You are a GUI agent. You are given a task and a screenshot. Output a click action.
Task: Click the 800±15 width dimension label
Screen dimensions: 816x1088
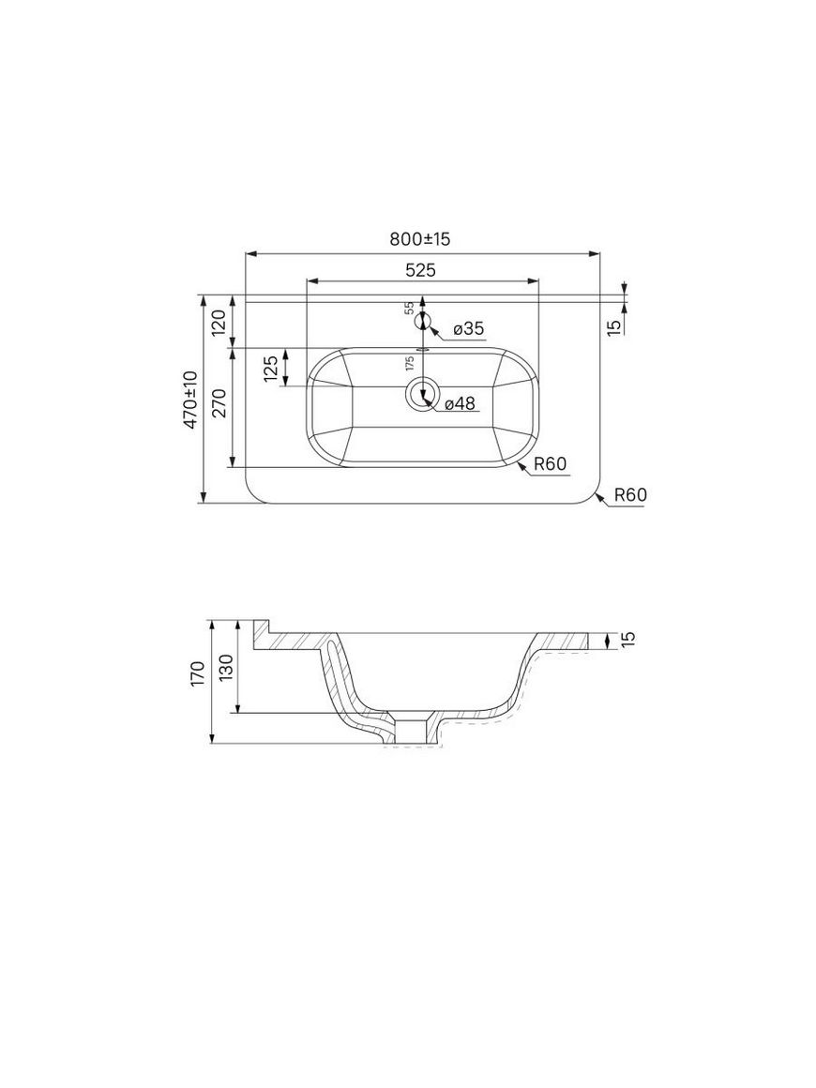(x=420, y=239)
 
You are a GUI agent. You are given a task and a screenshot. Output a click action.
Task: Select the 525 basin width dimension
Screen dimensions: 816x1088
(x=420, y=271)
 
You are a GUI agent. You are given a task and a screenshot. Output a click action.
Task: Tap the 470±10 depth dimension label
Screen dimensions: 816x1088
(x=190, y=399)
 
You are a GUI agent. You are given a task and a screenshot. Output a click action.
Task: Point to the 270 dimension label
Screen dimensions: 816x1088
(x=219, y=403)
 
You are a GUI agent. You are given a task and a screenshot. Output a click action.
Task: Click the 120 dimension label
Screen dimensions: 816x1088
(x=219, y=324)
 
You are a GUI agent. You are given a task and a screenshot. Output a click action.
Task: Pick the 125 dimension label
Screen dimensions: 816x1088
(x=271, y=369)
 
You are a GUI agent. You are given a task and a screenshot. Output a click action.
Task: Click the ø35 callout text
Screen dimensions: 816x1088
(x=469, y=329)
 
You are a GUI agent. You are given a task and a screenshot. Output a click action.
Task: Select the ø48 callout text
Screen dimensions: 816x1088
(x=460, y=403)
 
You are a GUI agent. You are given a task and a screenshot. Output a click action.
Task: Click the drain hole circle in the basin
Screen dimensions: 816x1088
(x=422, y=394)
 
